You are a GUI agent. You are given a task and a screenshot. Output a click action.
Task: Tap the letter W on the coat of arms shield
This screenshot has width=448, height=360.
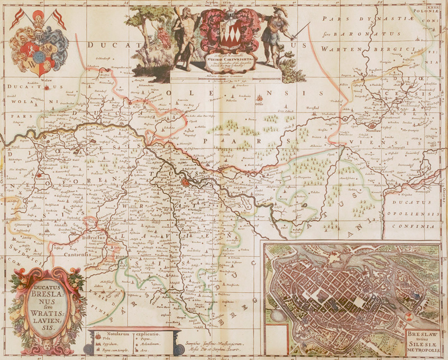pyautogui.click(x=39, y=71)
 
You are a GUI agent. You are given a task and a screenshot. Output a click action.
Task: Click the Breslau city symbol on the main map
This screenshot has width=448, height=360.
pyautogui.click(x=191, y=180)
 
